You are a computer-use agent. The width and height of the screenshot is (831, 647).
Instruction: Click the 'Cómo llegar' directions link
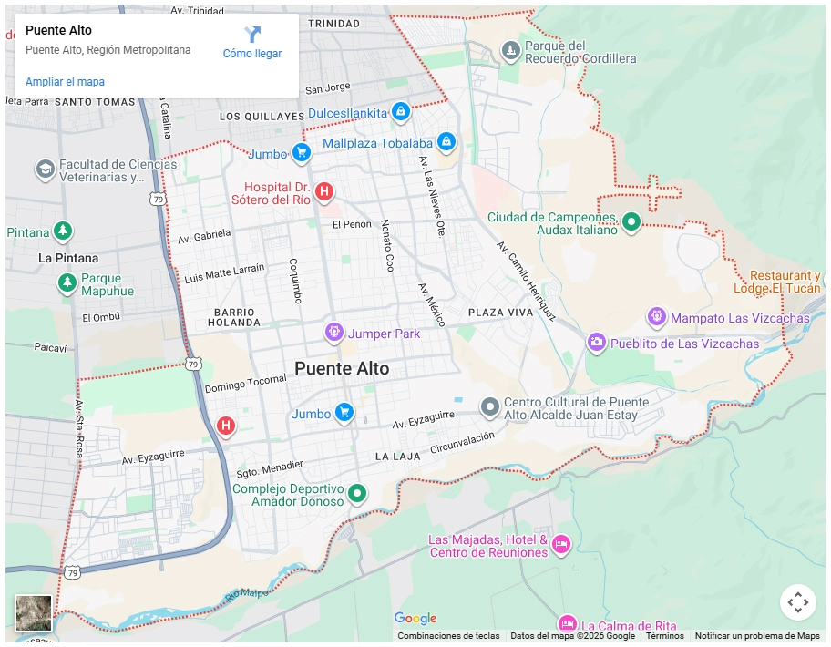[x=252, y=43]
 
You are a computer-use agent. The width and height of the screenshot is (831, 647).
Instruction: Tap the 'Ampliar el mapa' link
[x=65, y=82]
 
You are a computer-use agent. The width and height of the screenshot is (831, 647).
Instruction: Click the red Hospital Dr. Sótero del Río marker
[x=323, y=191]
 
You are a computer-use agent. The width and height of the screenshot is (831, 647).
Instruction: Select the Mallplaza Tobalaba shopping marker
[x=446, y=142]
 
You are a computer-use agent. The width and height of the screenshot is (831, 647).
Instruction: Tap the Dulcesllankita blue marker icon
[x=399, y=112]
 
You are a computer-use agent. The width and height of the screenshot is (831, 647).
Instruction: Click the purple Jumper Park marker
[x=334, y=333]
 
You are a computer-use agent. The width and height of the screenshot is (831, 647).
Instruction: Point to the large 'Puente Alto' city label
[x=342, y=369]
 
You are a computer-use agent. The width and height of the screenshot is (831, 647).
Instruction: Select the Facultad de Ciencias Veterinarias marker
[x=45, y=169]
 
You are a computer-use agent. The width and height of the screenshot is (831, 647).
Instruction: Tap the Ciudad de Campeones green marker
[x=631, y=221]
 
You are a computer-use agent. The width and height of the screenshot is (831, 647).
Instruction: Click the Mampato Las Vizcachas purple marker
[x=656, y=317]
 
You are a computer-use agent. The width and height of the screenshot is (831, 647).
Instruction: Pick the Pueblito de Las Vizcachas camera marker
[x=596, y=343]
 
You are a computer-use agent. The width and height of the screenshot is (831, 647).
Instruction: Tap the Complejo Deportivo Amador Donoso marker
[x=357, y=494]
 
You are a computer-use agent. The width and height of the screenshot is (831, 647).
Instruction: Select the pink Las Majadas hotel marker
[x=560, y=545]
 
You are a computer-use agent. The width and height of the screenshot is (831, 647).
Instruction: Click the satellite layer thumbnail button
[x=34, y=613]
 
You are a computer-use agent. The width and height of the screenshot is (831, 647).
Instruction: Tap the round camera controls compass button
[x=797, y=602]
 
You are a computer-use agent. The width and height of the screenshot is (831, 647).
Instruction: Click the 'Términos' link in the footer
[x=664, y=636]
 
